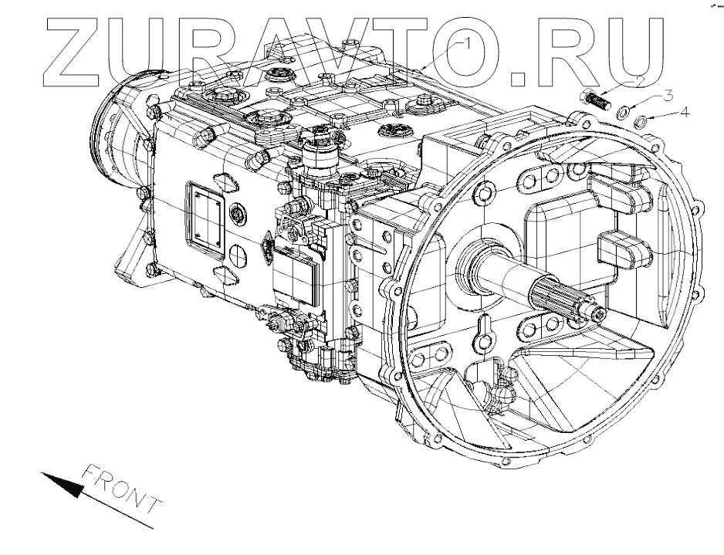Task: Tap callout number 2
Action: pyautogui.click(x=638, y=80)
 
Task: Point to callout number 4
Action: pyautogui.click(x=685, y=113)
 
